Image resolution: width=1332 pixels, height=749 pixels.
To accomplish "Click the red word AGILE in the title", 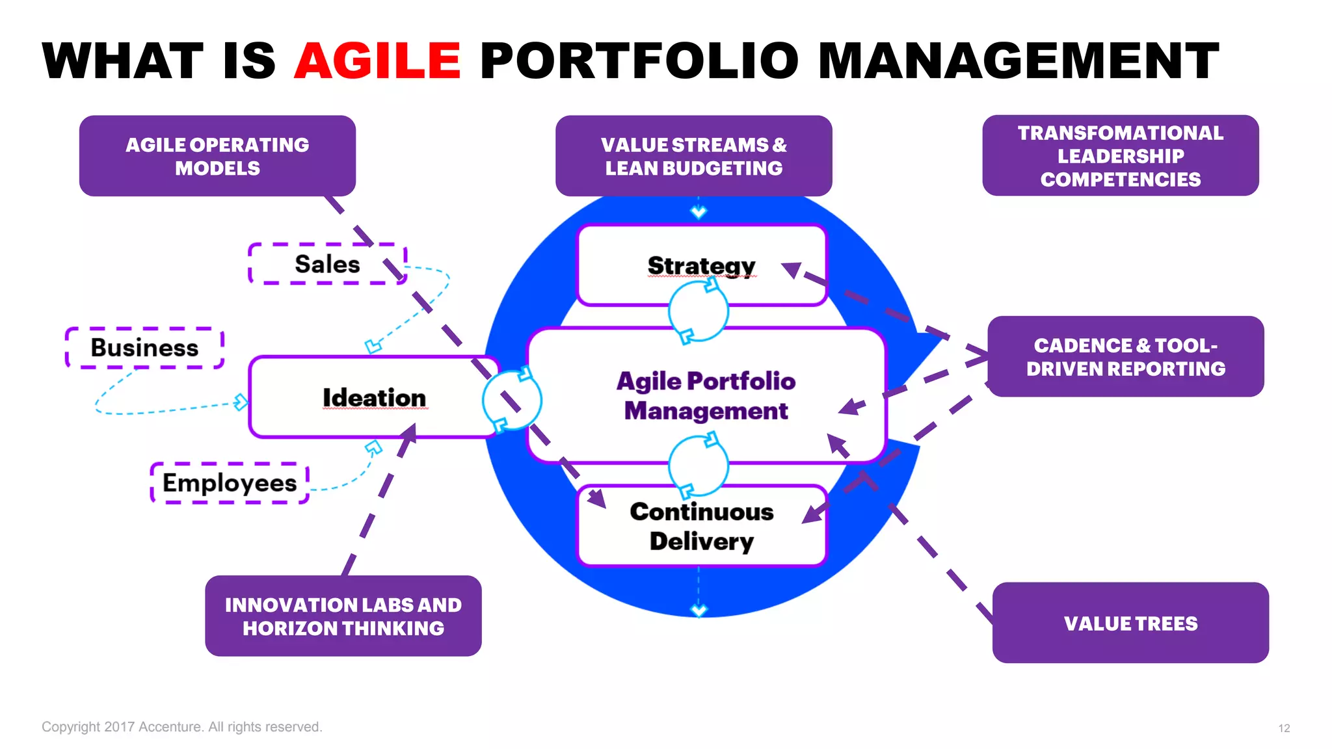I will tap(377, 61).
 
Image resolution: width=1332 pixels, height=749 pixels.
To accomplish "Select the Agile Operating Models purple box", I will tap(217, 156).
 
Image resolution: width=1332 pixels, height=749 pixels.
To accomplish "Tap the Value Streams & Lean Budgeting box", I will tap(693, 156).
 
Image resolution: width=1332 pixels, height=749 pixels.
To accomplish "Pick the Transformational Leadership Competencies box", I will tap(1120, 156).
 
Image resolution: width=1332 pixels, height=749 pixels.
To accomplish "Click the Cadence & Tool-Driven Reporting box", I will tap(1125, 356).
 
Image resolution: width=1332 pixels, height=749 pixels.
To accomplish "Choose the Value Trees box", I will tap(1130, 623).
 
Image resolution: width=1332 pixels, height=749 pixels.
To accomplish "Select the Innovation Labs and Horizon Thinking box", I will tap(343, 616).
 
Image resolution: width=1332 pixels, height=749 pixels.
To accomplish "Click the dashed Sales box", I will tap(327, 264).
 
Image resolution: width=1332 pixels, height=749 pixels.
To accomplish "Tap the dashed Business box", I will tap(144, 348).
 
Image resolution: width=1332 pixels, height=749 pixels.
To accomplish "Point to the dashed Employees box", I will tap(229, 483).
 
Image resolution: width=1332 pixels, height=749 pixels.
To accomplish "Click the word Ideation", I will tap(374, 397).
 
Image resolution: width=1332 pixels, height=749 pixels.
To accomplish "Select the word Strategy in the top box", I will tap(701, 265).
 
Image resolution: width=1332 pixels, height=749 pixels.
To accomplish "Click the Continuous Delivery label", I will tap(701, 526).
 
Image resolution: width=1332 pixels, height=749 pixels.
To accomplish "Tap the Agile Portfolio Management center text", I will tap(706, 395).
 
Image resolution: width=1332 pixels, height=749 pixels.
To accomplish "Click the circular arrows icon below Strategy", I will tap(699, 311).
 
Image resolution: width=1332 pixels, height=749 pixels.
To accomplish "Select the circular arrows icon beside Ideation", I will tap(512, 400).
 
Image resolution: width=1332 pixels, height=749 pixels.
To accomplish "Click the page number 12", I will tap(1283, 728).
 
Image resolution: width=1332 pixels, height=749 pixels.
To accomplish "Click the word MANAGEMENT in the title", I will tap(1018, 61).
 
